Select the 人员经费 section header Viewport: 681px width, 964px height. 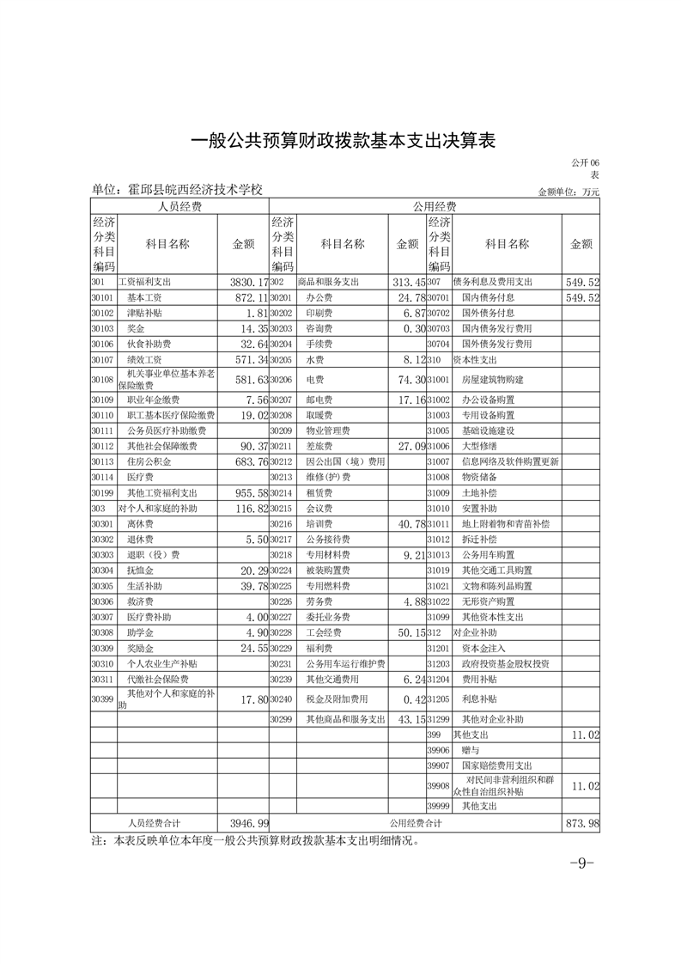(179, 207)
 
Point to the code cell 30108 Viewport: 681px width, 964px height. (102, 379)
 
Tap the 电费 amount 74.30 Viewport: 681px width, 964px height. (408, 379)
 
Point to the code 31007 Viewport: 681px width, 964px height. (439, 461)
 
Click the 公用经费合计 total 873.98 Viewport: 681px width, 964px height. (581, 823)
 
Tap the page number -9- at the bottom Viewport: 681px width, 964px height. (582, 863)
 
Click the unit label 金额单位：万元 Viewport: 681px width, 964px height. (569, 192)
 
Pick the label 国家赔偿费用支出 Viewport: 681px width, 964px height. (498, 766)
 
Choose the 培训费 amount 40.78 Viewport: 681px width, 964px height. (408, 523)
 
